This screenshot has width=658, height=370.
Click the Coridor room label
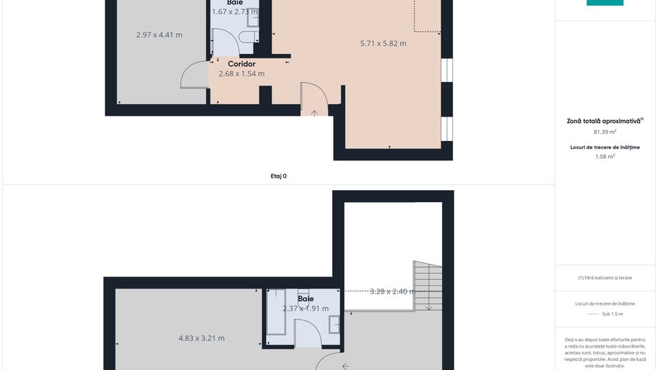click(x=241, y=64)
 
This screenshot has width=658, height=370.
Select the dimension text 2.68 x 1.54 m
click(x=241, y=74)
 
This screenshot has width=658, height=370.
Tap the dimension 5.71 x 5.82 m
click(x=383, y=44)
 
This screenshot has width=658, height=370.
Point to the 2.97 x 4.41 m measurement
click(x=159, y=34)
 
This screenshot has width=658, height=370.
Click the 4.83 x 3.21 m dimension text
click(x=201, y=338)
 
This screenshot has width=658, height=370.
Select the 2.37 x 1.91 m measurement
click(x=305, y=309)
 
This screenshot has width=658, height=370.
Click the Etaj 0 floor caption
click(x=278, y=176)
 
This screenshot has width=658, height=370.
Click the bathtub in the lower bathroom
click(x=276, y=316)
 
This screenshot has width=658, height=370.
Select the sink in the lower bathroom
click(x=334, y=324)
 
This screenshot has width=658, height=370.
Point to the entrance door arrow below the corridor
click(x=314, y=112)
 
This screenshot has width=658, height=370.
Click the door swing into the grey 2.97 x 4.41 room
click(x=194, y=76)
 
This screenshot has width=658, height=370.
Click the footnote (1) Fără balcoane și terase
click(x=604, y=277)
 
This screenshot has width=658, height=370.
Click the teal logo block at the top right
click(x=605, y=3)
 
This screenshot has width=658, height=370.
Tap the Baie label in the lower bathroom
click(x=305, y=298)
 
